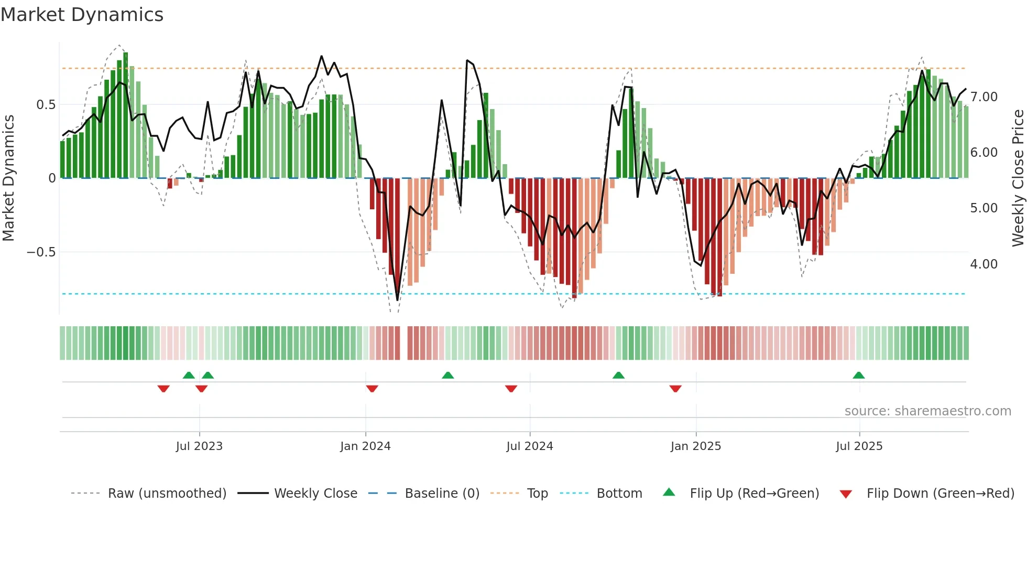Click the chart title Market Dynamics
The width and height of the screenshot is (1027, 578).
click(82, 15)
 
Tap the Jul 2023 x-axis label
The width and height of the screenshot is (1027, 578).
click(199, 446)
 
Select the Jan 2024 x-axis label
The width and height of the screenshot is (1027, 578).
click(365, 446)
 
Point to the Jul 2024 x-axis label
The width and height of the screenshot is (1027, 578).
click(530, 446)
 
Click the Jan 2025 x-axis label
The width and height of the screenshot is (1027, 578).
click(696, 446)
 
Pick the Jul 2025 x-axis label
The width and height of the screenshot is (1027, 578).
click(859, 446)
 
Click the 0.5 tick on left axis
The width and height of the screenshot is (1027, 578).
click(46, 104)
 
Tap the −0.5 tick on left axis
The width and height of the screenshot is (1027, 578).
click(41, 252)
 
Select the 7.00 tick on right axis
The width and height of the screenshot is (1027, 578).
click(984, 97)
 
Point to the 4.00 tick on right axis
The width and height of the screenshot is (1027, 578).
click(984, 264)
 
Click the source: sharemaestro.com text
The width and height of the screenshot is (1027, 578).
click(927, 411)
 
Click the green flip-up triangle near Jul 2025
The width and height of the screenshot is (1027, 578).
click(858, 375)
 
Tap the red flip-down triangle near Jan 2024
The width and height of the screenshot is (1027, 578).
click(372, 389)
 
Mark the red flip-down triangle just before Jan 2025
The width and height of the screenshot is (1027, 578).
click(675, 389)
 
